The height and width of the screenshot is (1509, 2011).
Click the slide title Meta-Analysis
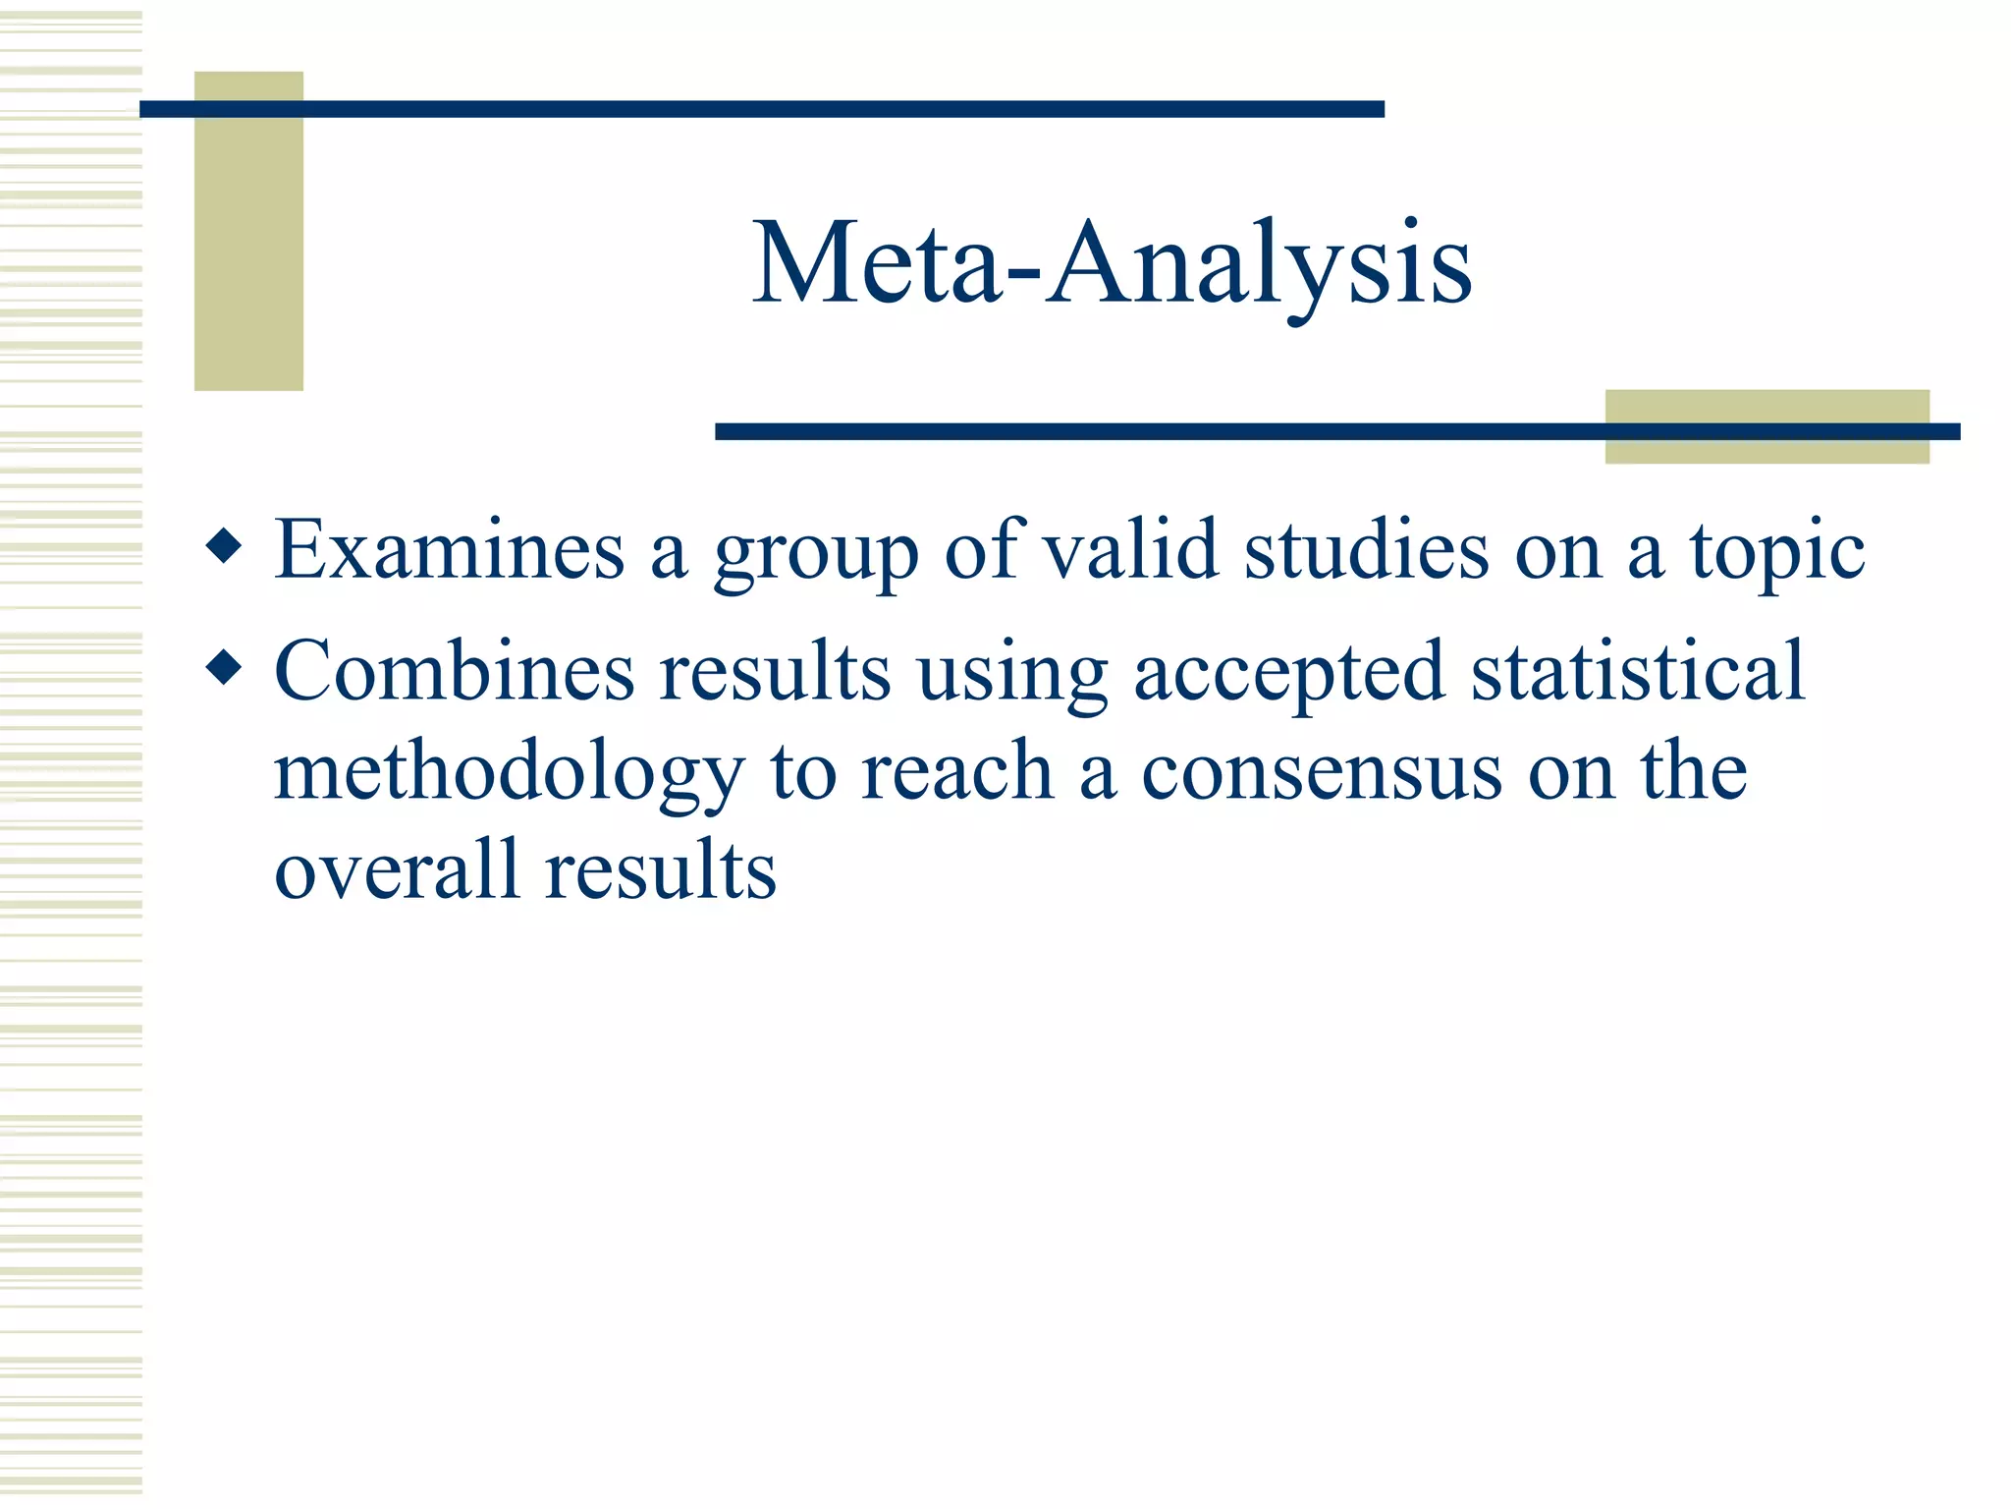(1112, 263)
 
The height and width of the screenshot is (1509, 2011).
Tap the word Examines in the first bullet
(450, 550)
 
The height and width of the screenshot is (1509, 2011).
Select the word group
(816, 556)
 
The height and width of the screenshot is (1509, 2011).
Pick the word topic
(1776, 556)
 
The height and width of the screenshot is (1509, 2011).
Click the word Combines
(455, 671)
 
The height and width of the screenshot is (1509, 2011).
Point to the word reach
(957, 771)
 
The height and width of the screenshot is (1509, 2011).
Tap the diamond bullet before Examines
(225, 546)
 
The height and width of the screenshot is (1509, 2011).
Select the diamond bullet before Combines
(225, 668)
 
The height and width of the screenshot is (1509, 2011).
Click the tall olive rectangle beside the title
(248, 246)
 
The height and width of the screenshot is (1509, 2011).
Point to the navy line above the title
(761, 109)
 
